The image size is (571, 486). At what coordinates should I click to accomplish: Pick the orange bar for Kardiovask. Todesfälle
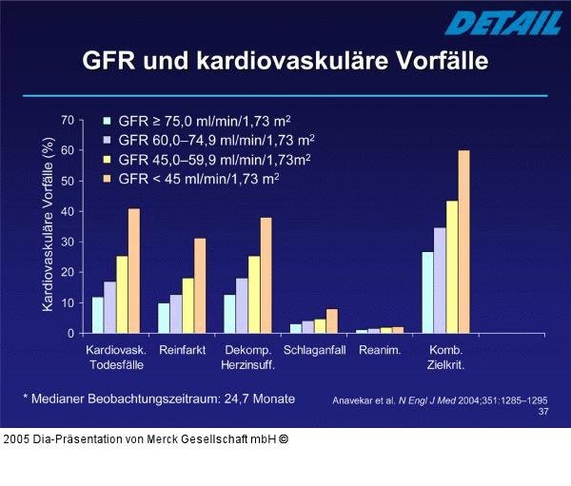(x=134, y=271)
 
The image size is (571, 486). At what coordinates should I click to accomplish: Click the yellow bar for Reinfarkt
(x=188, y=305)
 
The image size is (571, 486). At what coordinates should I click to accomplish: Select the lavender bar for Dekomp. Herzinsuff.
(x=242, y=305)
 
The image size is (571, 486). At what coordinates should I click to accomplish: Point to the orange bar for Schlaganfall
(x=331, y=321)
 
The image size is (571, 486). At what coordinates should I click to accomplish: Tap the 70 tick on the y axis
(x=68, y=120)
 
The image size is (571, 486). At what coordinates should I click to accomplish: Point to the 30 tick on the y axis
(x=68, y=242)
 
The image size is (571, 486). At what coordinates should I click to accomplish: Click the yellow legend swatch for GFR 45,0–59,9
(x=108, y=159)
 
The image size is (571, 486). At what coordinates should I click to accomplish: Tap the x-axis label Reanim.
(x=379, y=350)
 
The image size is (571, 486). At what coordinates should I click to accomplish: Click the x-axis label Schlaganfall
(x=314, y=350)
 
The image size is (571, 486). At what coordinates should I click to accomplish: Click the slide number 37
(x=542, y=412)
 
